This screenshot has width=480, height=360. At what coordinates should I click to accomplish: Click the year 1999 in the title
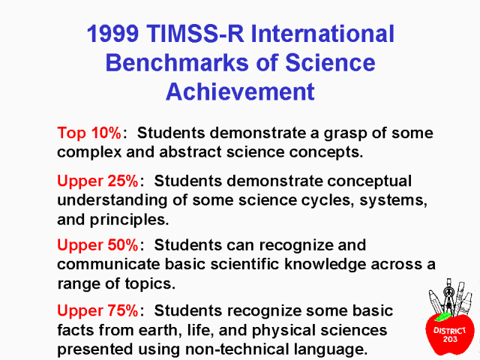point(113,33)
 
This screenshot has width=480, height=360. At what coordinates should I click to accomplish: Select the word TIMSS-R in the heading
point(195,33)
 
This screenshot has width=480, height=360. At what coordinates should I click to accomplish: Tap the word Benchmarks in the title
point(178,62)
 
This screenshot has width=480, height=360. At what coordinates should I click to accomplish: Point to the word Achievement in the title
point(240,91)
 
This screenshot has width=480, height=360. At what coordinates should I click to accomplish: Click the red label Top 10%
point(89,133)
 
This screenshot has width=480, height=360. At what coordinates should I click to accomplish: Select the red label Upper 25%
point(98,181)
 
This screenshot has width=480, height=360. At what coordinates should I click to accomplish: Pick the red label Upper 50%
point(98,245)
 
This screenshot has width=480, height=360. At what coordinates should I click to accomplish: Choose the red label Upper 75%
point(98,310)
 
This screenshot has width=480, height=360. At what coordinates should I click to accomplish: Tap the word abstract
point(190,151)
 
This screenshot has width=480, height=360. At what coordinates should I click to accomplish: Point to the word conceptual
point(370,181)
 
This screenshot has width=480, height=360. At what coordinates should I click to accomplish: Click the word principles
point(129,220)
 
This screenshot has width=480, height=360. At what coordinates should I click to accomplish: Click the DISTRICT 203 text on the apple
point(450,334)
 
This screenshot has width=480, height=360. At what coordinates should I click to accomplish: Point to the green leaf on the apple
point(443,316)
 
